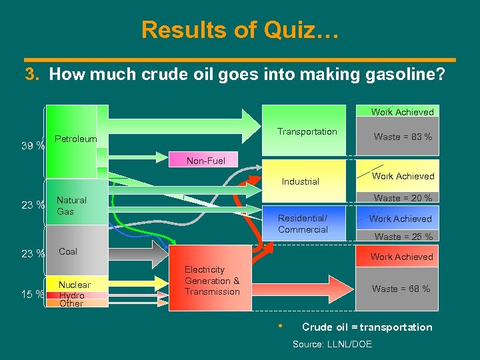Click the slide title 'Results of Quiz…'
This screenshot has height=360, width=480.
click(240, 30)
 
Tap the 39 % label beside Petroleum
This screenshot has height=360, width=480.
click(32, 145)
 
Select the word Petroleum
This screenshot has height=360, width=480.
click(75, 139)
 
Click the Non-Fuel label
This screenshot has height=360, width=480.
click(206, 161)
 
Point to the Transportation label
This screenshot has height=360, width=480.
click(307, 132)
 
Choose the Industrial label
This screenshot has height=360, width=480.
click(301, 181)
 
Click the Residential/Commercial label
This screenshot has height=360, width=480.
click(303, 224)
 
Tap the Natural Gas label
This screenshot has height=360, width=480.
click(71, 205)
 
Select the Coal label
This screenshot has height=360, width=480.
click(68, 251)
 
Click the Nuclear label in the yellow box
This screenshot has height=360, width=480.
click(75, 285)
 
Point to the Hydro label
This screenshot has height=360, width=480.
click(71, 295)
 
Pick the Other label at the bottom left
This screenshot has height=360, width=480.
click(71, 303)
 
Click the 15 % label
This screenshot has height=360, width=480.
click(32, 294)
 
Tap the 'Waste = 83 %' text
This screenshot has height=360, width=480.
click(403, 137)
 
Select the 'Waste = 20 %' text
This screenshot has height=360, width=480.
click(403, 198)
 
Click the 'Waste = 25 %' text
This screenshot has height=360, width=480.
click(403, 237)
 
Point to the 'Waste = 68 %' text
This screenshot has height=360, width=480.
click(401, 289)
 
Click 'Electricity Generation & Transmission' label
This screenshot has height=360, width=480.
click(212, 281)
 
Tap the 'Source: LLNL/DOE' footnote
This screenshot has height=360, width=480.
click(333, 344)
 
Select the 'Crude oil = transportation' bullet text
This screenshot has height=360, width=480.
click(367, 327)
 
